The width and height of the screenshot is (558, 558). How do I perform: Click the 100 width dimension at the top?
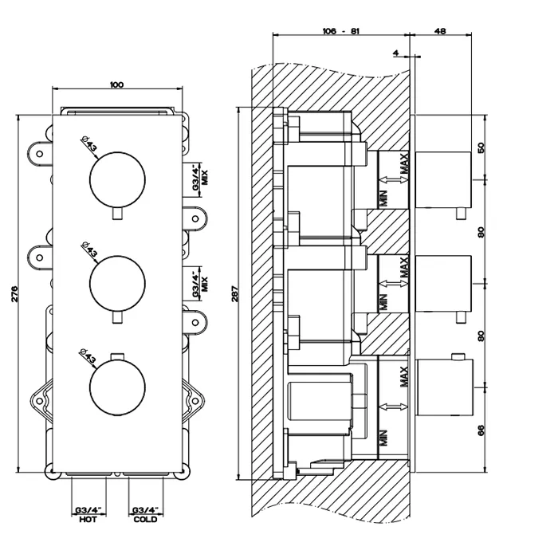click(x=116, y=84)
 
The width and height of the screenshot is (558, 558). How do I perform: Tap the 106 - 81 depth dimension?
click(x=340, y=31)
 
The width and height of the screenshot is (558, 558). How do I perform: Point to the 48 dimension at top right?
click(x=440, y=31)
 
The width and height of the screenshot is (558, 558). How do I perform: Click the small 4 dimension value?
click(x=395, y=53)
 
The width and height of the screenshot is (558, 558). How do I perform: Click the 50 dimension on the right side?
click(x=480, y=148)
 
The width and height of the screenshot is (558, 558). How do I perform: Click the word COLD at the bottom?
click(x=145, y=520)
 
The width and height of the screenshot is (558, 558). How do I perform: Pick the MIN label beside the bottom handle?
click(x=383, y=437)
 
